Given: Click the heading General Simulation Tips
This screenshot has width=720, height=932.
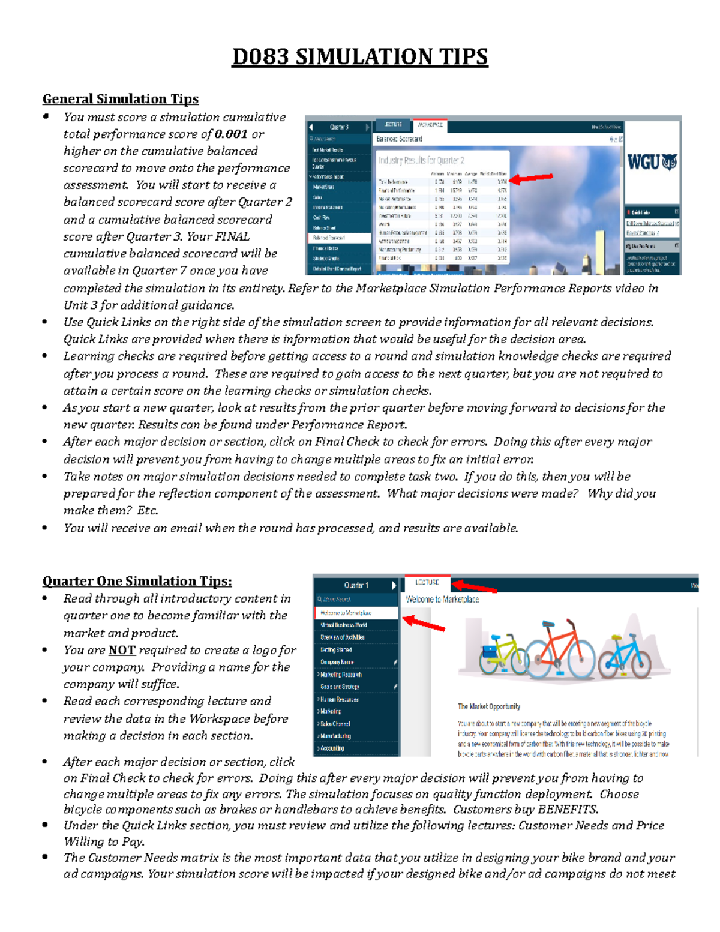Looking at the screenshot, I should [120, 99].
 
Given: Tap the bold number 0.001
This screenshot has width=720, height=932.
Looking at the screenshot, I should [231, 134].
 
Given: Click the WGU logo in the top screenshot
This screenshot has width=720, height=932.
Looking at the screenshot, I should [652, 163].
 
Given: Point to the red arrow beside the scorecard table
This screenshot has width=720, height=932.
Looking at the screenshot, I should [531, 178].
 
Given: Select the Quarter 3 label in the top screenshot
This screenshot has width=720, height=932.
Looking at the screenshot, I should [340, 127].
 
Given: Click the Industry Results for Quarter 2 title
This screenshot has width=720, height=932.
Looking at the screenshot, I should [421, 160].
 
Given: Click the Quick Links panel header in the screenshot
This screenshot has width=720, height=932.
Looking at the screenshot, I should [642, 212].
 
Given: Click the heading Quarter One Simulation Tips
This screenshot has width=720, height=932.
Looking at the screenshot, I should [137, 581].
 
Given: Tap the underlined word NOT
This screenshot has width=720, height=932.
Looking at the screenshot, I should [122, 650].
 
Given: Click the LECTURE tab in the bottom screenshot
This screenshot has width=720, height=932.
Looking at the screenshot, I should [427, 582].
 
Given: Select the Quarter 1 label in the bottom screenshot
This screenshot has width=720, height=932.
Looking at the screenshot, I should [356, 585].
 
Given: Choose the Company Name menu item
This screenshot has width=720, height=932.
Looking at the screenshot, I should [337, 662].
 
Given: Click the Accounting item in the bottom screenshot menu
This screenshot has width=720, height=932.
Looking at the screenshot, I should [332, 748].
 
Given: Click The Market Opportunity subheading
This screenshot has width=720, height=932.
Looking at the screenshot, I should [489, 706].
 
